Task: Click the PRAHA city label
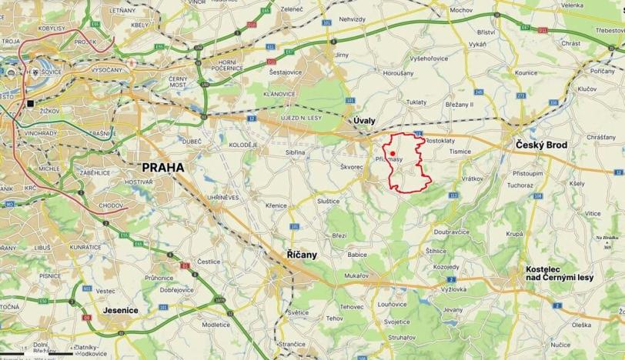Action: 162,167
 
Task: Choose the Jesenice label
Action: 119,311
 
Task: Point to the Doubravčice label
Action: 452,231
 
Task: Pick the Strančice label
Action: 292,343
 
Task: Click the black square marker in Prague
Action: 30,103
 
